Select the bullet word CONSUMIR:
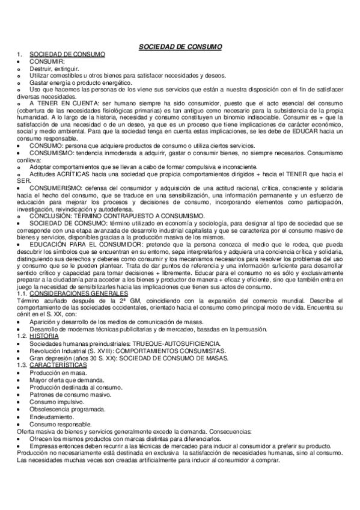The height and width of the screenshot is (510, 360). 46,61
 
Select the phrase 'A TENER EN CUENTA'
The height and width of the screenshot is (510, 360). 57,103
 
